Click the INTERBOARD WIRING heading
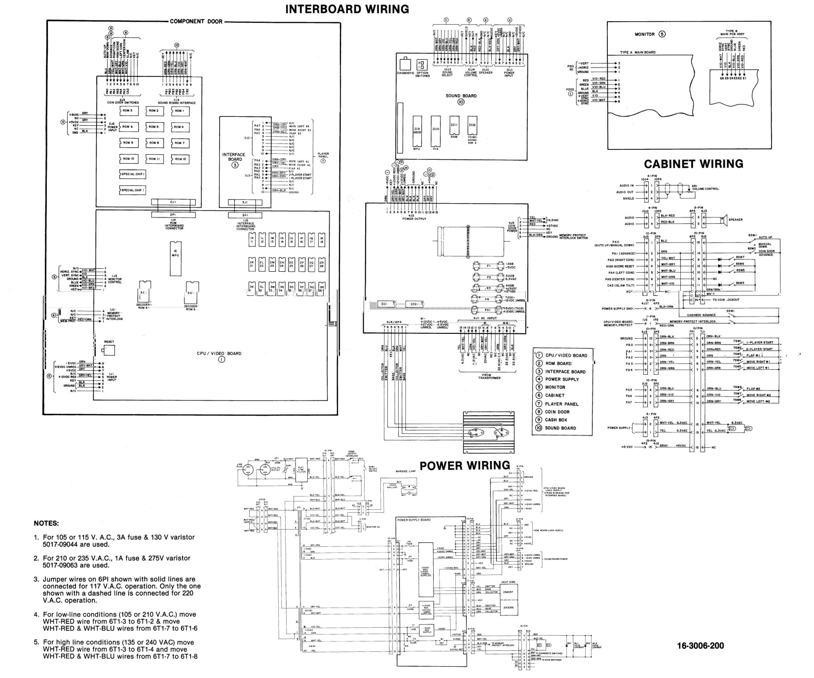pyautogui.click(x=347, y=9)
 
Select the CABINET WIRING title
pyautogui.click(x=694, y=164)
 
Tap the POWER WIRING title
pyautogui.click(x=464, y=465)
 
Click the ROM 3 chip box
pyautogui.click(x=128, y=111)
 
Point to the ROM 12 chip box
pyautogui.click(x=179, y=159)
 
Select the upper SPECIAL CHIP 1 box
pyautogui.click(x=133, y=175)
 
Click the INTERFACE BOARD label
pyautogui.click(x=234, y=157)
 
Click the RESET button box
pyautogui.click(x=109, y=350)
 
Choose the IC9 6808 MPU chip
pyautogui.click(x=417, y=132)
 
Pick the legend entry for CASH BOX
pyautogui.click(x=556, y=420)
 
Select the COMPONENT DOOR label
pyautogui.click(x=196, y=22)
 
